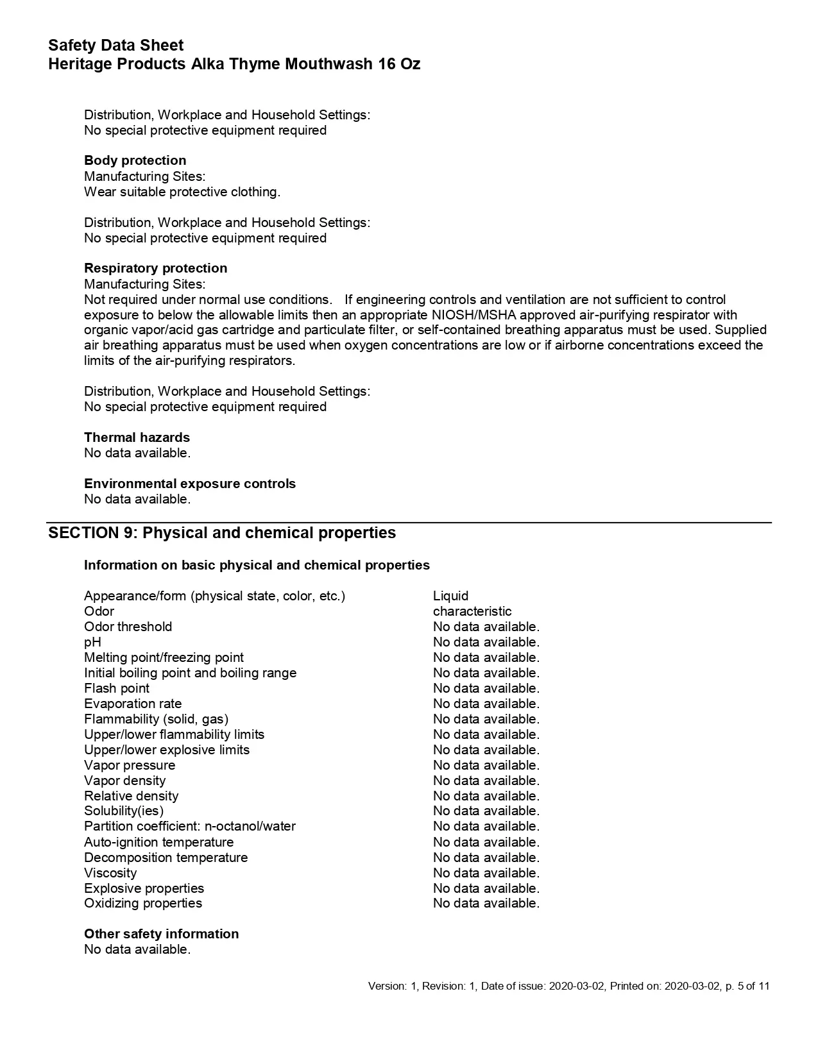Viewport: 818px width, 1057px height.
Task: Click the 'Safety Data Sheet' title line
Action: [x=115, y=46]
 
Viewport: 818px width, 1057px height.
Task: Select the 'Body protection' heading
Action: [x=135, y=160]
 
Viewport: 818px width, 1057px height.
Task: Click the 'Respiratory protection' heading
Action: [x=155, y=268]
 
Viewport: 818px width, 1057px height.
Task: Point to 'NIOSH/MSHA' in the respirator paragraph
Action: [x=473, y=315]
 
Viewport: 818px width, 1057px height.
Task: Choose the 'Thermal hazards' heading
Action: [x=137, y=437]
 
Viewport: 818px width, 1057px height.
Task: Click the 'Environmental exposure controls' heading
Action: [x=190, y=484]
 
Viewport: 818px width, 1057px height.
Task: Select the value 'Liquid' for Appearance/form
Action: [x=450, y=596]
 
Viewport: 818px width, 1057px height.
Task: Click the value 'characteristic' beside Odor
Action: [x=472, y=611]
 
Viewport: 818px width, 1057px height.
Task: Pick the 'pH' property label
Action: [x=92, y=642]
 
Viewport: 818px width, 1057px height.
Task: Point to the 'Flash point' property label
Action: [x=116, y=688]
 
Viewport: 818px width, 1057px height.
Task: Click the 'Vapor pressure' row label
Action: [x=129, y=765]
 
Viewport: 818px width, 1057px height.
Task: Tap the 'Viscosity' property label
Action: [x=110, y=873]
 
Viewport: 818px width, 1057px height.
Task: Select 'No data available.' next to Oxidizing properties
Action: [x=486, y=903]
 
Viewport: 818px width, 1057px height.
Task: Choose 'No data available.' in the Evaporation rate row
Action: [x=486, y=704]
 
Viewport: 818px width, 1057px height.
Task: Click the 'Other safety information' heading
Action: [x=161, y=934]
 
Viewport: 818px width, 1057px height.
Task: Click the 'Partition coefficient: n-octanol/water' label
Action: [x=189, y=826]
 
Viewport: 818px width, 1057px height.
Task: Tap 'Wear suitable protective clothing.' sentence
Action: [x=182, y=192]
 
